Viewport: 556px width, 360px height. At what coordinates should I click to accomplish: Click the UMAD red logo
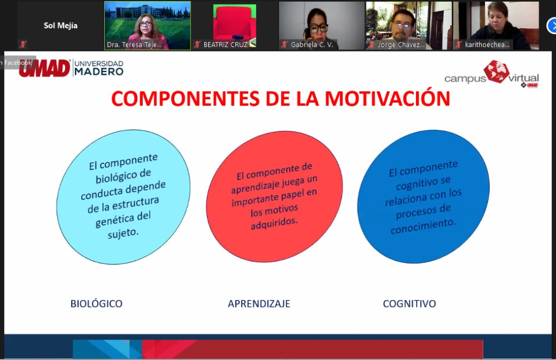coord(45,68)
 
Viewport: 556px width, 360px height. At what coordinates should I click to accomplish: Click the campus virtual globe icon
coord(496,71)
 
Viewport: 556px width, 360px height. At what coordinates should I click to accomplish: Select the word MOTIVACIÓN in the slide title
coord(388,99)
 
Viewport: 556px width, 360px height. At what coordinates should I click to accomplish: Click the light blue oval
coord(123,197)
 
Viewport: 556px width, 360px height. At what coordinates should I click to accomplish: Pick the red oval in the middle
coord(274,197)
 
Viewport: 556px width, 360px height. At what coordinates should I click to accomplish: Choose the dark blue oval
coord(424,197)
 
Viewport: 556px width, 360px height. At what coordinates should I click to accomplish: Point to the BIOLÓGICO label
coord(97,304)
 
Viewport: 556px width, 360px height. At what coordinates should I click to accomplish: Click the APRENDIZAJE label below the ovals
coord(259,304)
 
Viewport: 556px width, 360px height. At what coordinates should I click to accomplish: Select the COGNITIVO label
coord(409,304)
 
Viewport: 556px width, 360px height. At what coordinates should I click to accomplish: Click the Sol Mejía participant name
coord(61,26)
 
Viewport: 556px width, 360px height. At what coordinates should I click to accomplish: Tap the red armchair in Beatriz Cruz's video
coord(235,21)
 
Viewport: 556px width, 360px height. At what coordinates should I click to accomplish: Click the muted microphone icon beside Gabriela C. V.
coord(284,45)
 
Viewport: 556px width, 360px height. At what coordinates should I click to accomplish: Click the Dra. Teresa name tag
coord(134,45)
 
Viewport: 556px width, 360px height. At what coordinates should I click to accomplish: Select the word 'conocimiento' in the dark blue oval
coord(422,226)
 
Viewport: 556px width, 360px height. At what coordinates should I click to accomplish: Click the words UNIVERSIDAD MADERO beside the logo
coord(99,68)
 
